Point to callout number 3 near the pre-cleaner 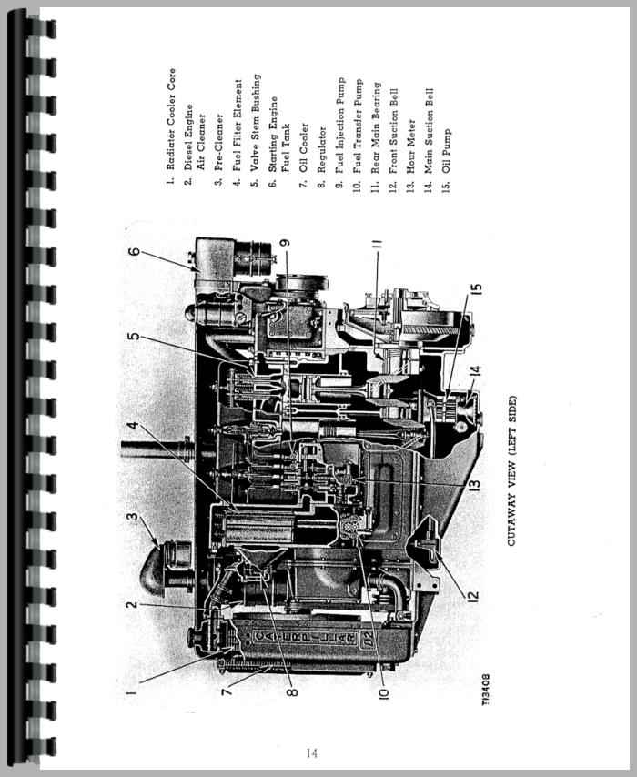(x=134, y=519)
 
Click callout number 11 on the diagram (x=375, y=243)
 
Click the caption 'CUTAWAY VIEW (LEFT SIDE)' (x=511, y=469)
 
